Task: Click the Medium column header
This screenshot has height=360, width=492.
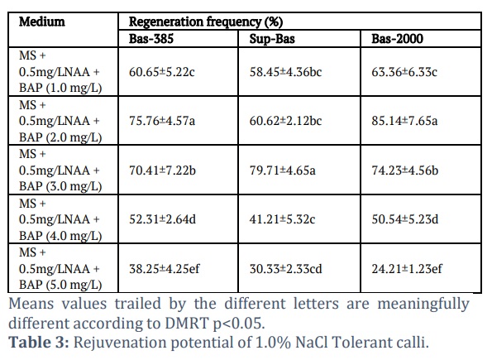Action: (x=42, y=22)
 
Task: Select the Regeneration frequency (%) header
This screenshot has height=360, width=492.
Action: (x=206, y=22)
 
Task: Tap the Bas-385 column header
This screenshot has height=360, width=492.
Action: (x=151, y=39)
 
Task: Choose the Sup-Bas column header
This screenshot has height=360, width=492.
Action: (x=272, y=39)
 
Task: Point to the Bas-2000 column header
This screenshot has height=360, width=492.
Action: (x=397, y=39)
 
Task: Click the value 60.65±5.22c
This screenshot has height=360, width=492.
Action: (x=162, y=72)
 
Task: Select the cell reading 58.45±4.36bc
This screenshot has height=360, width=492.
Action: (x=285, y=72)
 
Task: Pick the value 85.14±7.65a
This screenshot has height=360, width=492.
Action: (x=404, y=121)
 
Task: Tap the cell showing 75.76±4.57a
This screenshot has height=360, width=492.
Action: (x=162, y=121)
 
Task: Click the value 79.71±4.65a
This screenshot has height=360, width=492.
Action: (x=283, y=170)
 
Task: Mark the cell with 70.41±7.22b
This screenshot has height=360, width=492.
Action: (x=162, y=170)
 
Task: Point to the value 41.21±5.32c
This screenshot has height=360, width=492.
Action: (x=282, y=219)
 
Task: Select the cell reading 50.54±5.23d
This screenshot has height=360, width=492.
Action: (x=405, y=219)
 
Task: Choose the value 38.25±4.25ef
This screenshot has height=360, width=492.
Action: (x=164, y=269)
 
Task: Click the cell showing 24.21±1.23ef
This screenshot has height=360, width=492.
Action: (x=407, y=269)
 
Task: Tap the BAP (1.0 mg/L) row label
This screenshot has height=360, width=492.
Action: (x=60, y=88)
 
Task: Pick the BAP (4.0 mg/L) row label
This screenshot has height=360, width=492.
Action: (x=60, y=236)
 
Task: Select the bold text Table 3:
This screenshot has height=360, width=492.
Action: (x=39, y=342)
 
